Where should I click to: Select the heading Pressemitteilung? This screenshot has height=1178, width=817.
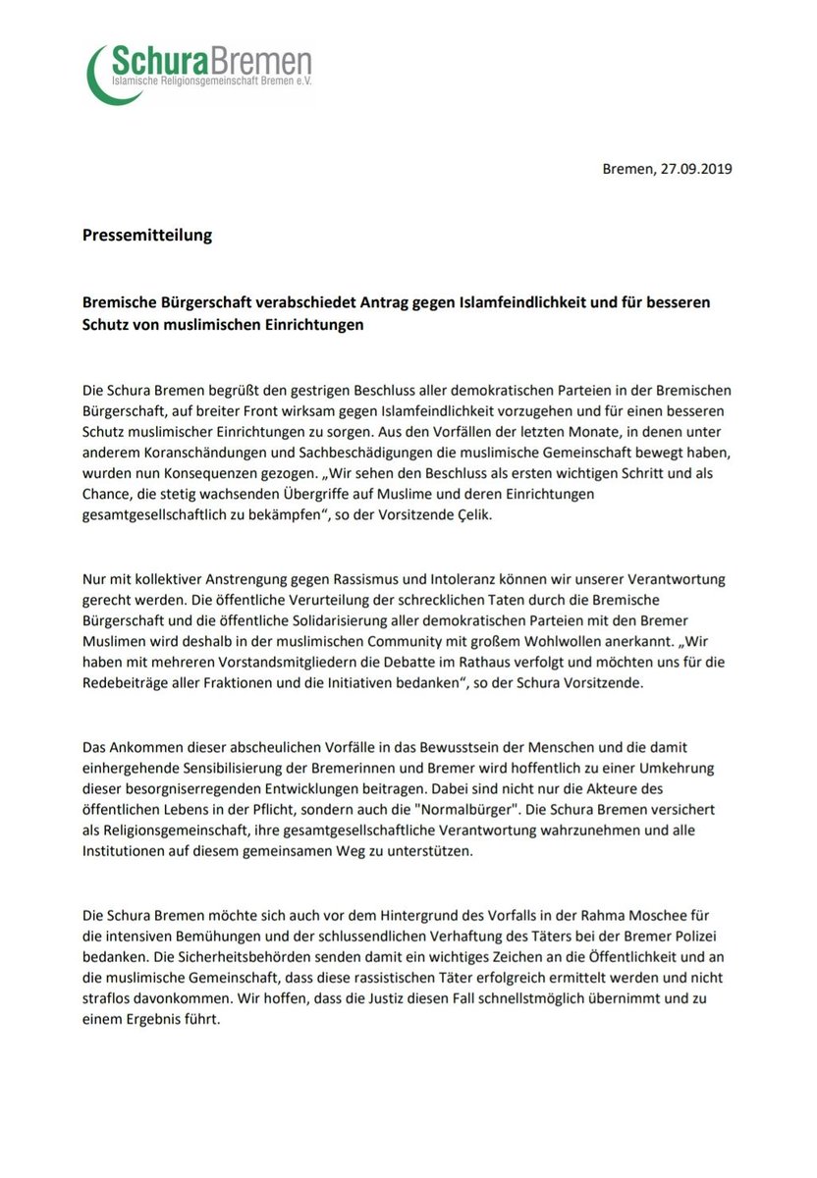[147, 236]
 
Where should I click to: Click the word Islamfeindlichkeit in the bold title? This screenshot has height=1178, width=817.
[506, 303]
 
